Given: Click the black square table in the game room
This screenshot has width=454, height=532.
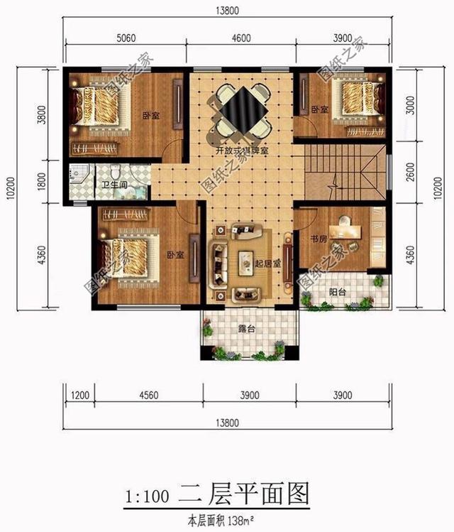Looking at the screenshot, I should (x=240, y=110).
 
